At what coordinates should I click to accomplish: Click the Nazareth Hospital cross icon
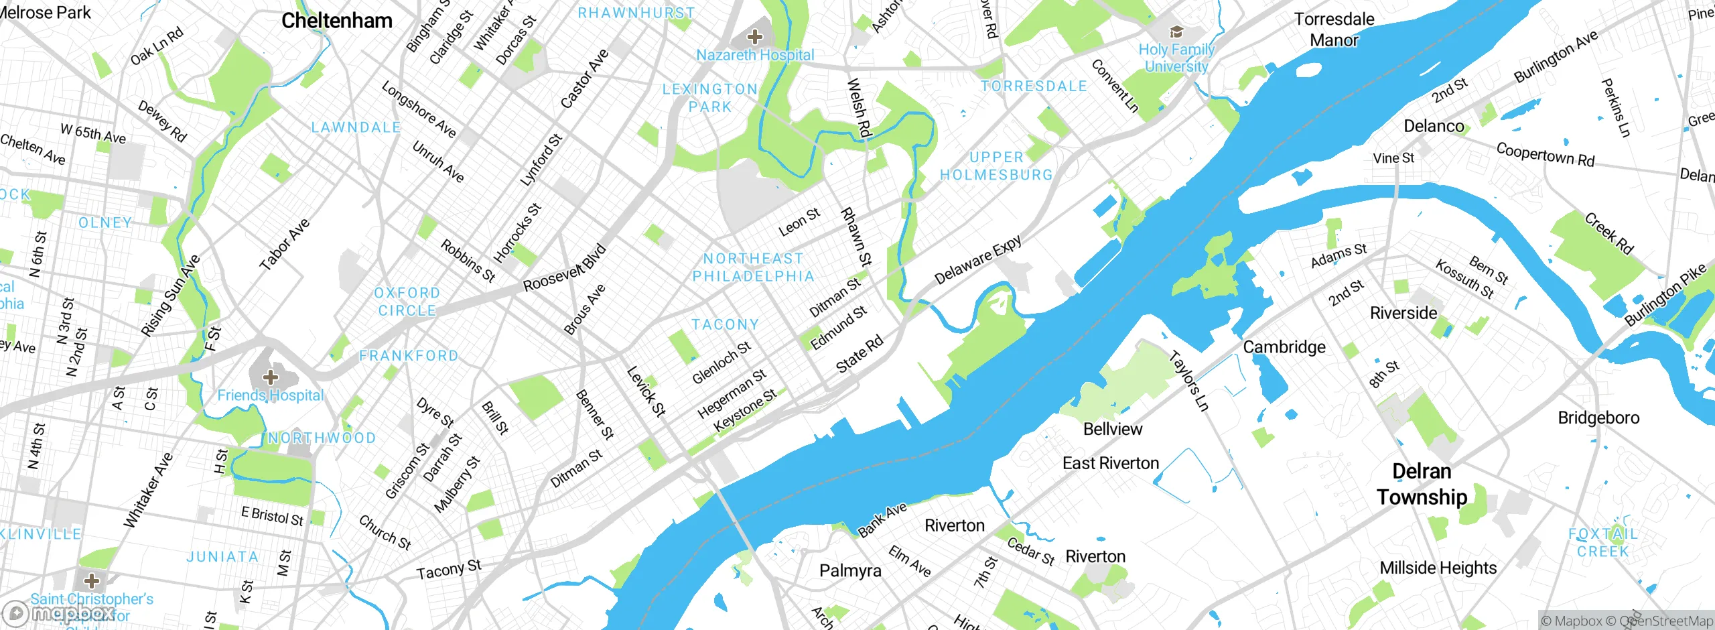[x=755, y=36]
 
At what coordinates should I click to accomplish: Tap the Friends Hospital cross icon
[x=270, y=377]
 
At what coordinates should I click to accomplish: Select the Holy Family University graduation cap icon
[x=1176, y=31]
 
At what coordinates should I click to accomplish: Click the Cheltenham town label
[x=336, y=21]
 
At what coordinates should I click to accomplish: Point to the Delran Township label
[x=1422, y=484]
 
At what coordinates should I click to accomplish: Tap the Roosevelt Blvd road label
[x=564, y=269]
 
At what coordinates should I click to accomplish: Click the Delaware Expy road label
[x=977, y=259]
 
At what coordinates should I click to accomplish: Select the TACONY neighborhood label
[x=725, y=324]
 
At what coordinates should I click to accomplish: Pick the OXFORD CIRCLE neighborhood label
[x=407, y=302]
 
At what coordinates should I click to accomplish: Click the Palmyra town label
[x=850, y=570]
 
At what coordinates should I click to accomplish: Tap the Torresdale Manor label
[x=1334, y=29]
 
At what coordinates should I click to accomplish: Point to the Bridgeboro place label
[x=1598, y=418]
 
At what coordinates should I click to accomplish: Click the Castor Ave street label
[x=584, y=78]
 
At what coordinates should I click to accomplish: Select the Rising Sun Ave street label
[x=170, y=295]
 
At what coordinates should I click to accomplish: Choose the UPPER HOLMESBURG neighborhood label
[x=996, y=166]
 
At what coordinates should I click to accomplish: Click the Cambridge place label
[x=1284, y=346]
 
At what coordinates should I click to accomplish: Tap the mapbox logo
[x=59, y=613]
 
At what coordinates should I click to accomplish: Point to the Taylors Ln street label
[x=1189, y=381]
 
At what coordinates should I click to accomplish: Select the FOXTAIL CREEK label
[x=1602, y=542]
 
